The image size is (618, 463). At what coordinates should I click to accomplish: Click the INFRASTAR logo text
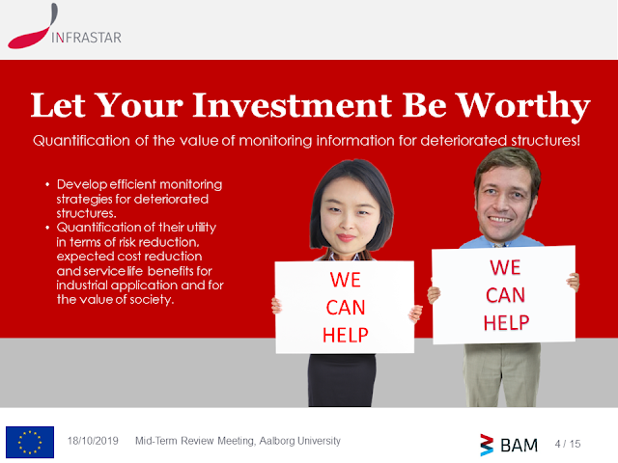point(86,38)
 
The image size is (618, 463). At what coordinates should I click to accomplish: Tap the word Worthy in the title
point(523,105)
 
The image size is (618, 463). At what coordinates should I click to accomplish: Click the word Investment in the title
point(292,105)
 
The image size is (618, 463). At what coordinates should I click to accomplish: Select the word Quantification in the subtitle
point(81,141)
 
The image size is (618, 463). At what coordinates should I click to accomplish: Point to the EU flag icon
point(30,442)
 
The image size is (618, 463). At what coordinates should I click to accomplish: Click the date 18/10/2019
point(93,441)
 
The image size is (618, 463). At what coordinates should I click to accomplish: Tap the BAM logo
point(509,445)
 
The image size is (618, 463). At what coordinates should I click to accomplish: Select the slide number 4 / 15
point(568,444)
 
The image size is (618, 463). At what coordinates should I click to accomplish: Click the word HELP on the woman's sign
point(346,336)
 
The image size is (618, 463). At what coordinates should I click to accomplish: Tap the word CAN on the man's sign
point(505,295)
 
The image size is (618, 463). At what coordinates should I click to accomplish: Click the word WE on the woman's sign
point(346,280)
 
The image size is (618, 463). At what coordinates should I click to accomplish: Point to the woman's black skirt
point(342,380)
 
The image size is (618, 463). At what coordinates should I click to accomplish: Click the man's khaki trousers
point(502,375)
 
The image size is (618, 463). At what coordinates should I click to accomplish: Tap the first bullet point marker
point(47,184)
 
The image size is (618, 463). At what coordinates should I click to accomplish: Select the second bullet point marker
point(47,228)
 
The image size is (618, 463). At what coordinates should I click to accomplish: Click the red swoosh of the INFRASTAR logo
point(33,27)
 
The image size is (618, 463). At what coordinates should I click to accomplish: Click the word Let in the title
point(58,105)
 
